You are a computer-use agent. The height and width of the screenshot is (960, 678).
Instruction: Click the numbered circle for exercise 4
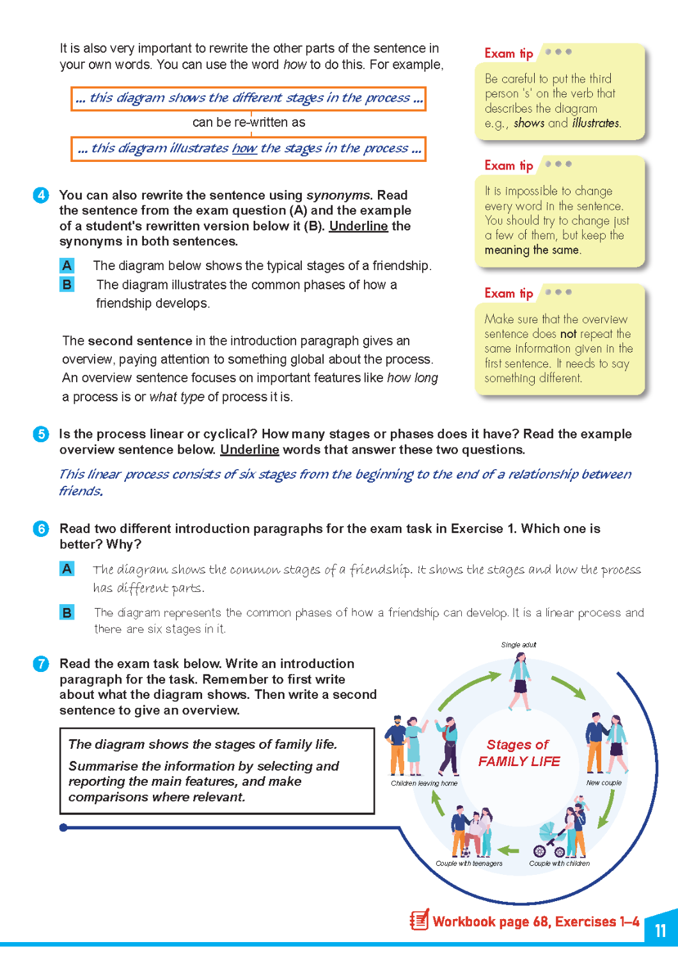[41, 195]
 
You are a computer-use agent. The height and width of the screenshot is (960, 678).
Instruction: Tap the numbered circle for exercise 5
[41, 434]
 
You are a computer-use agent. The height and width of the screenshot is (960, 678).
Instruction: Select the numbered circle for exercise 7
[41, 664]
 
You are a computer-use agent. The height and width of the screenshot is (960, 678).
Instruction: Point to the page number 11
[661, 930]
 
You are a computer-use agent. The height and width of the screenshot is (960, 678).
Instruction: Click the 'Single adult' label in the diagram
[519, 644]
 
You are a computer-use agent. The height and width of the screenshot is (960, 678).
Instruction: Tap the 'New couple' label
[604, 783]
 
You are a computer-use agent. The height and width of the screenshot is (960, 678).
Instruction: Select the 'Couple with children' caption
[559, 863]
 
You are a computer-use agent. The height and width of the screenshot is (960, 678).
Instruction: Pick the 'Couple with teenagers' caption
[469, 863]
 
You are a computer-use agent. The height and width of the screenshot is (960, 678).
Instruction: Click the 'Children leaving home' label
[424, 783]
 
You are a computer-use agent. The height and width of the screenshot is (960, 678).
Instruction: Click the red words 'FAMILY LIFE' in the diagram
[519, 762]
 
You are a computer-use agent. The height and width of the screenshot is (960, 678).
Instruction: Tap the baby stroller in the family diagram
[549, 840]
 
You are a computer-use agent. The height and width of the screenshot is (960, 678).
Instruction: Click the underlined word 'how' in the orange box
[244, 148]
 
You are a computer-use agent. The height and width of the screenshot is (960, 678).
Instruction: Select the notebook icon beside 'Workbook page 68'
[420, 920]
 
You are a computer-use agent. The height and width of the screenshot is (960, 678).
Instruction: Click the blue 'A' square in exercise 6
[67, 568]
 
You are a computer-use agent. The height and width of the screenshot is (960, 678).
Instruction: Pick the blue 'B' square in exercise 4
[67, 284]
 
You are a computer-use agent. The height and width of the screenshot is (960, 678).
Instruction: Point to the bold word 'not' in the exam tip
[569, 334]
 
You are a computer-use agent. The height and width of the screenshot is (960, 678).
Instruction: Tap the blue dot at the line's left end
[63, 828]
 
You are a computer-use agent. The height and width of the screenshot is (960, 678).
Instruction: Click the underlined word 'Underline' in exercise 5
[249, 450]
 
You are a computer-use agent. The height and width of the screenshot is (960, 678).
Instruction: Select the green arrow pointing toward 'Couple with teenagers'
[508, 851]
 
